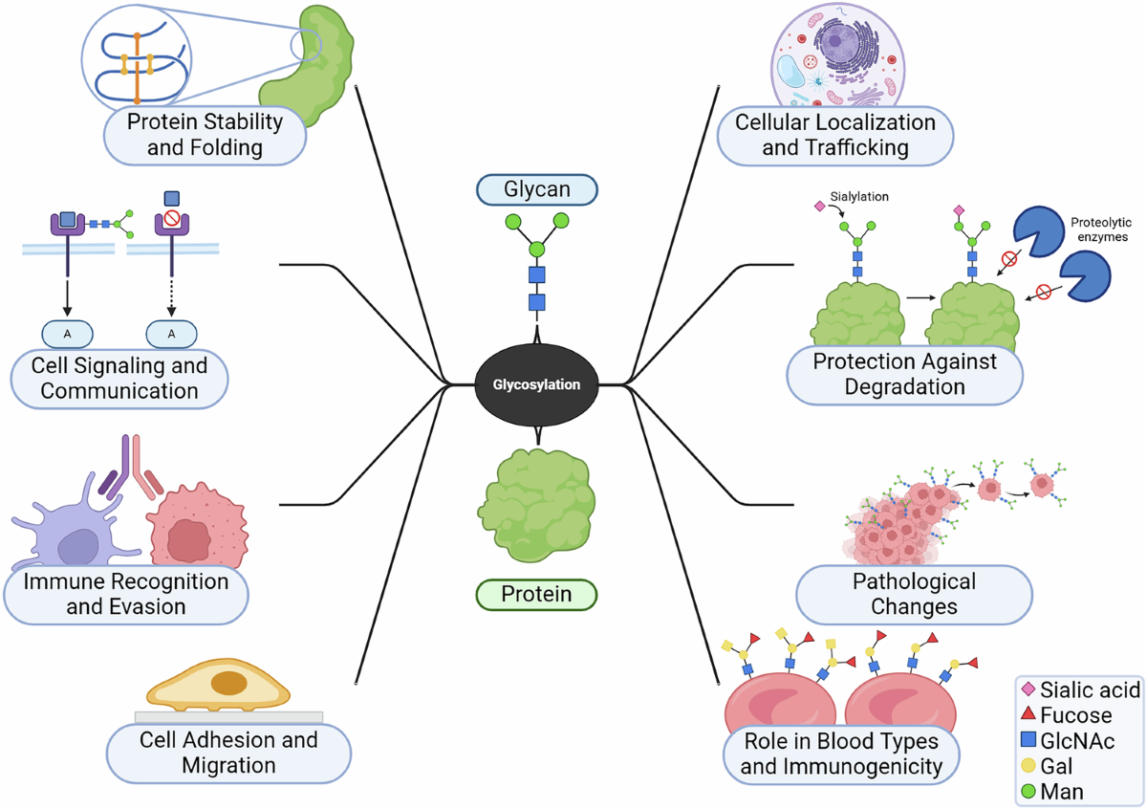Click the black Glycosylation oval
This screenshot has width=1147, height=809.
click(535, 384)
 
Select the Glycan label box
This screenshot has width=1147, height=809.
click(536, 189)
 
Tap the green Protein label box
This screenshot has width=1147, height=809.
click(536, 594)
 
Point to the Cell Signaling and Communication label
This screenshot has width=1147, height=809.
click(119, 378)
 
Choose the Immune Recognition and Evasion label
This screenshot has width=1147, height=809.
click(125, 593)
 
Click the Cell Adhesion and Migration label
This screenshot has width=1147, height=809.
click(228, 752)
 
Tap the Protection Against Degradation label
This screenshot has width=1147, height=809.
click(904, 374)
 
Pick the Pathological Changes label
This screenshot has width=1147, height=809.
click(914, 593)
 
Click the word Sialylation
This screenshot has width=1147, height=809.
click(858, 196)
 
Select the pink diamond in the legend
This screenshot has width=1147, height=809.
click(1028, 689)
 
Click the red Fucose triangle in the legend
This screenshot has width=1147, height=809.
click(1028, 714)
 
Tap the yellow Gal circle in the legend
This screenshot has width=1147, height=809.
click(1028, 765)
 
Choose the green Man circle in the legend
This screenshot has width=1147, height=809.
click(1028, 791)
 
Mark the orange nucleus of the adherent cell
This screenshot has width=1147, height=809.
click(228, 683)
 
